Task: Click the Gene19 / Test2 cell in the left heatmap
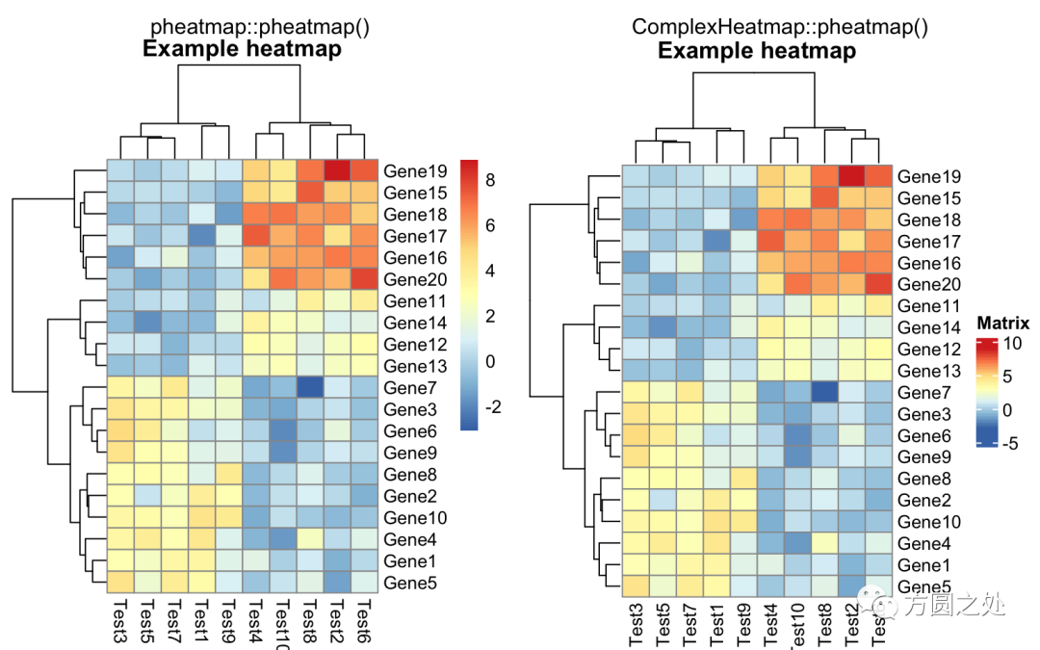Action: (x=337, y=170)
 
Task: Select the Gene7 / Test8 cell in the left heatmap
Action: (x=310, y=387)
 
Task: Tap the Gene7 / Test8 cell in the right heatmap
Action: (x=826, y=392)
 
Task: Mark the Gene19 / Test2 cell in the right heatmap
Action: (x=853, y=176)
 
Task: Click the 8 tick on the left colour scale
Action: (x=489, y=180)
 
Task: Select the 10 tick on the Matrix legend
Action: (x=1011, y=344)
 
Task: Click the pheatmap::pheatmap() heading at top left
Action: (x=260, y=27)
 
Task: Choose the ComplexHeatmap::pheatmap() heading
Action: (x=780, y=27)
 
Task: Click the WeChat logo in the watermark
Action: (x=883, y=604)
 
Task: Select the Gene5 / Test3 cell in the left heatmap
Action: (x=120, y=583)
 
